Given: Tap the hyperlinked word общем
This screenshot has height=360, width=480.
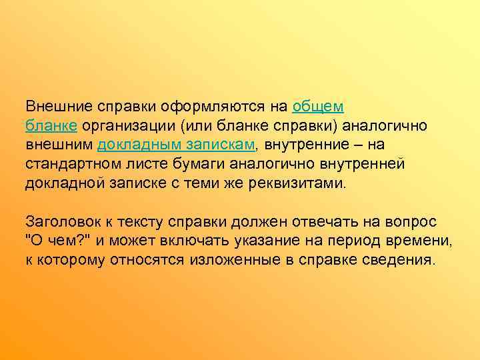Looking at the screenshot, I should point(317,107).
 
